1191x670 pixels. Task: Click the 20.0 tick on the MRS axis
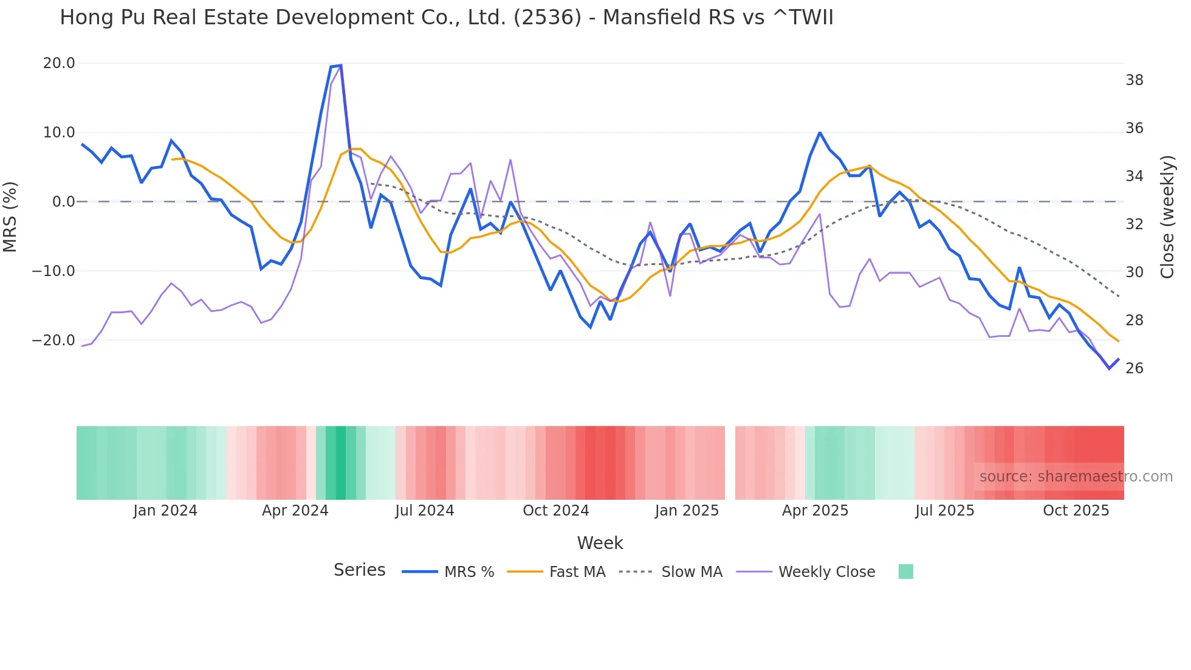point(58,63)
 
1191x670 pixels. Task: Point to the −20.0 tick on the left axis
point(53,340)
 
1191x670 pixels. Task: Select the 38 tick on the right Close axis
point(1134,80)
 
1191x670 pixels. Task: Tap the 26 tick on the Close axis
point(1134,368)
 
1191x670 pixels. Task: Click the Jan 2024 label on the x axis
point(165,511)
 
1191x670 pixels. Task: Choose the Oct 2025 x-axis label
point(1076,511)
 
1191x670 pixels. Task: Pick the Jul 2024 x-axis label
point(424,511)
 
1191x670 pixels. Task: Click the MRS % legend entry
point(469,572)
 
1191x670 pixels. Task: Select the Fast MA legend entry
point(577,572)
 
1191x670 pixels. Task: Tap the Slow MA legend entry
point(692,572)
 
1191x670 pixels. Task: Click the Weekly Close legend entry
point(826,572)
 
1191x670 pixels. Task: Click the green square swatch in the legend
point(905,572)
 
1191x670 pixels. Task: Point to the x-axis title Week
point(600,543)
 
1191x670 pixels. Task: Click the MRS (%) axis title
point(10,216)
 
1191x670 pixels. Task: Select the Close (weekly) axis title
point(1167,216)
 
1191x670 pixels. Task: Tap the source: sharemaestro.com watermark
point(1076,477)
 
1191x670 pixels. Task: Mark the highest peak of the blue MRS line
point(341,65)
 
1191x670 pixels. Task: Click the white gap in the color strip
point(730,463)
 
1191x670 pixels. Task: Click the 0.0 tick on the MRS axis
point(63,202)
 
